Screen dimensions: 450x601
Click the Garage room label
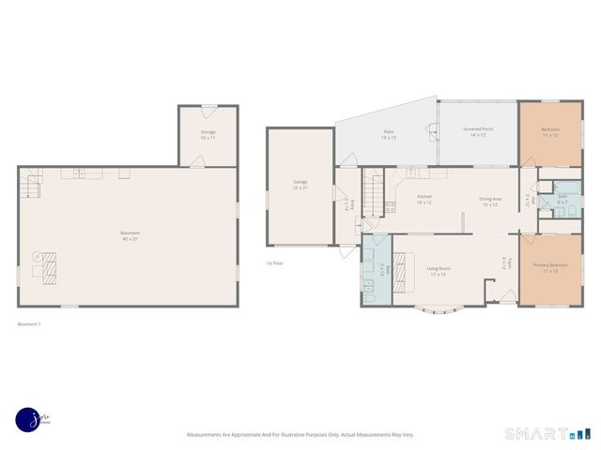pyautogui.click(x=300, y=184)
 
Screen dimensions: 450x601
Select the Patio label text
pyautogui.click(x=388, y=134)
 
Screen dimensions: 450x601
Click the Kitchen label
pyautogui.click(x=424, y=200)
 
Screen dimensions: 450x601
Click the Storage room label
pyautogui.click(x=208, y=134)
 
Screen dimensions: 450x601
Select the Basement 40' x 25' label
pyautogui.click(x=130, y=234)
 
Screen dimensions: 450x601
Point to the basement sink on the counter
pyautogui.click(x=80, y=172)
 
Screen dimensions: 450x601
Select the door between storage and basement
pyautogui.click(x=196, y=163)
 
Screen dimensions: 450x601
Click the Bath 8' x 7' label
pyautogui.click(x=562, y=199)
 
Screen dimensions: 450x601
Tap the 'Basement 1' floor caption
pyautogui.click(x=30, y=324)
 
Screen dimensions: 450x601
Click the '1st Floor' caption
pyautogui.click(x=273, y=263)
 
